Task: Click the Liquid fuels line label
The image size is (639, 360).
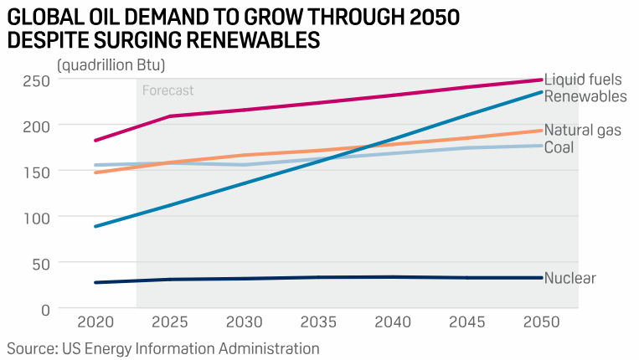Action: (583, 80)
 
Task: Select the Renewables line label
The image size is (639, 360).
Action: (585, 96)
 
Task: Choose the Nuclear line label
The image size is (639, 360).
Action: (569, 278)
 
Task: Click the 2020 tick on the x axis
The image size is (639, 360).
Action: (95, 323)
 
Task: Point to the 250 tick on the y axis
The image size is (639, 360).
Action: (37, 80)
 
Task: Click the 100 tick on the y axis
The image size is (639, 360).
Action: (37, 217)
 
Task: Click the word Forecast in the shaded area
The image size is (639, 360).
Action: (167, 90)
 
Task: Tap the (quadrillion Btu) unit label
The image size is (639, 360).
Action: (111, 64)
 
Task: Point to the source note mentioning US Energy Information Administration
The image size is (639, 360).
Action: (163, 347)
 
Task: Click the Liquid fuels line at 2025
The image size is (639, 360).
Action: (170, 116)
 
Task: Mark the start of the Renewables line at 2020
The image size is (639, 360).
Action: (95, 226)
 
